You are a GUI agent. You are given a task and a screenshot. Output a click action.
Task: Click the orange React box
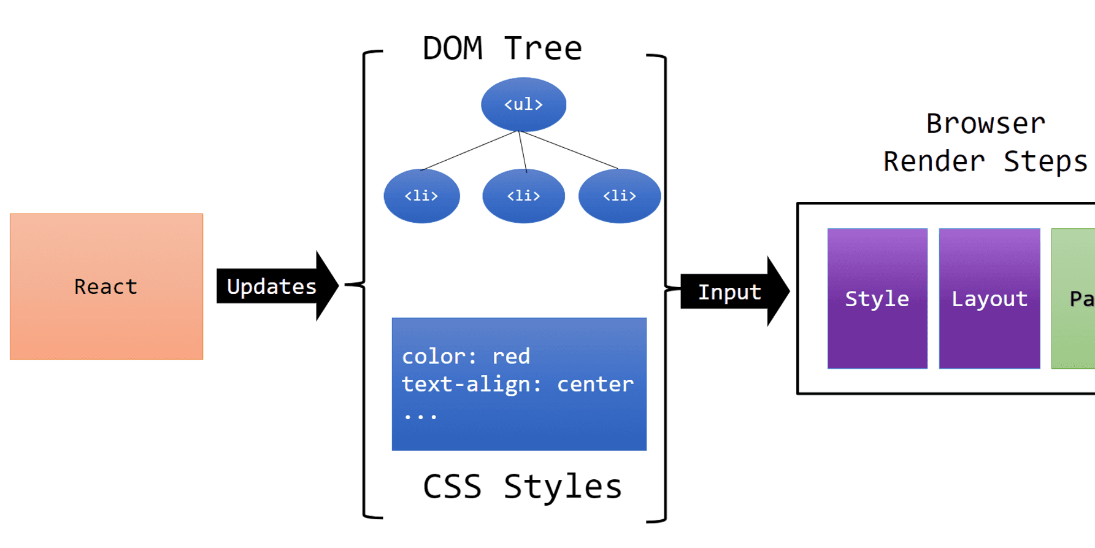(x=106, y=287)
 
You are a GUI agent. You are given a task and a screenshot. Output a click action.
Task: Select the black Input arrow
(x=730, y=292)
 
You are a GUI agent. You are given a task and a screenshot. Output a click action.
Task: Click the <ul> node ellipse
(x=523, y=104)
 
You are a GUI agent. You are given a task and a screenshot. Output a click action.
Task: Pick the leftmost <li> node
(x=421, y=196)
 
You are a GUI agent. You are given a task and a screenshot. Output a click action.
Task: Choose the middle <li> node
(x=523, y=196)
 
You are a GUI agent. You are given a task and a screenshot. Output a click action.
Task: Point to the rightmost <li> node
(x=620, y=196)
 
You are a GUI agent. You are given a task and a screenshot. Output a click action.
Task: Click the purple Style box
(x=877, y=299)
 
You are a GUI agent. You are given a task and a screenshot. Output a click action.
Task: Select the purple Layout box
(x=989, y=299)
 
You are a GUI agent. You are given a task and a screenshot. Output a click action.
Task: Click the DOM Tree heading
(x=502, y=48)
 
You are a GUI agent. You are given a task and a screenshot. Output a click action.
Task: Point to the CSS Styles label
(x=522, y=487)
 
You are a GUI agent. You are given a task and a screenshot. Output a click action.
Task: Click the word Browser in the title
(x=985, y=124)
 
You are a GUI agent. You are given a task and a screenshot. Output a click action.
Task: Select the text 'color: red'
(x=466, y=357)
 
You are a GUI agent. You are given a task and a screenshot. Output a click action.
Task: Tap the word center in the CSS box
(x=595, y=385)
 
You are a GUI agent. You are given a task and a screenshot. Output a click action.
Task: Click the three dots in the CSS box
(x=420, y=416)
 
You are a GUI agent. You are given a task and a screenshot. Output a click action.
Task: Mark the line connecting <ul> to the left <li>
(x=469, y=150)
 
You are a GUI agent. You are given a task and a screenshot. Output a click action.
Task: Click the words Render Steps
(x=985, y=162)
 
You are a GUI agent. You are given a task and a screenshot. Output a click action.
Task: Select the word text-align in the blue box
(x=466, y=385)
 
